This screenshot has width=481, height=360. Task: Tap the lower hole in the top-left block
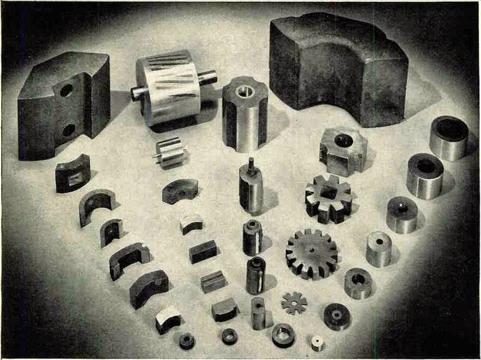67,129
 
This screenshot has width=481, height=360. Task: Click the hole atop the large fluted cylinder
244,91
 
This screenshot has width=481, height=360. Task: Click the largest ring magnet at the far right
449,137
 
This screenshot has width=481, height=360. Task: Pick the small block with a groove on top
213,281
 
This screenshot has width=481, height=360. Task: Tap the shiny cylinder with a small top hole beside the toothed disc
379,248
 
